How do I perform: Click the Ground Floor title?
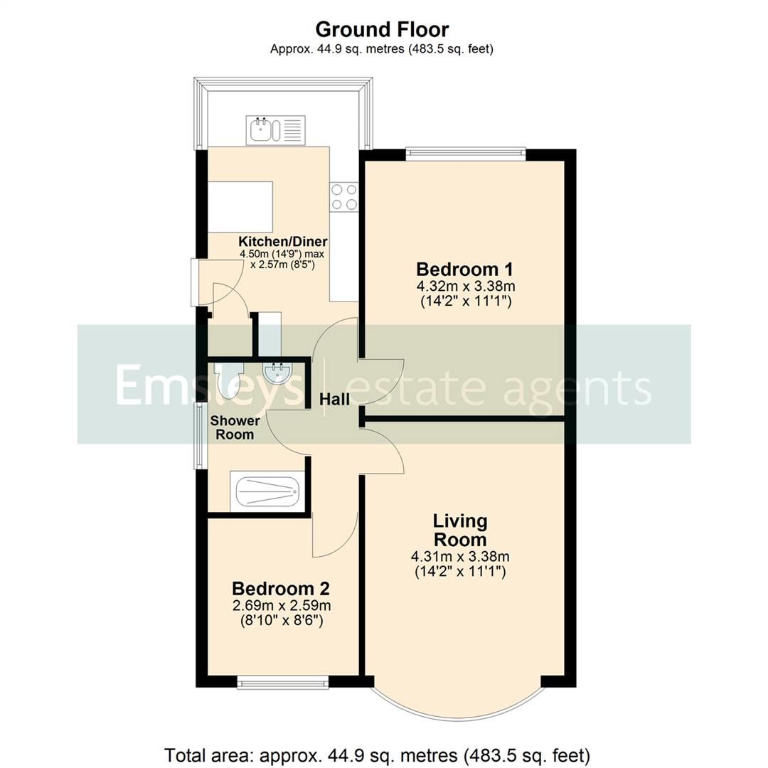point(382,29)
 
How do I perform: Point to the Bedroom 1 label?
point(464,270)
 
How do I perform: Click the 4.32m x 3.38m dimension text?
point(464,287)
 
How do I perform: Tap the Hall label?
point(334,400)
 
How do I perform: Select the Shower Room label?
point(235,427)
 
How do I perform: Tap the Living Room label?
point(461,530)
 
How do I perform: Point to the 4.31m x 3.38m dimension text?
point(461,556)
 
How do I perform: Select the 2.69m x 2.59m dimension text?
point(281,606)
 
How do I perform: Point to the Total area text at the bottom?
point(378,753)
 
